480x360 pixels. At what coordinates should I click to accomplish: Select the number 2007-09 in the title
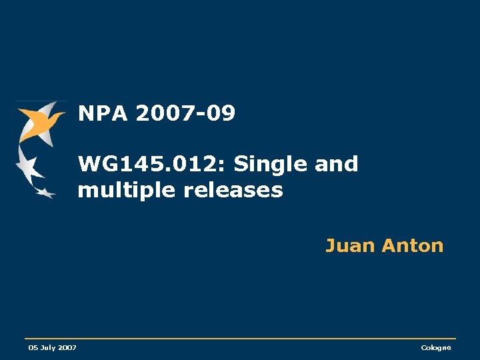185,114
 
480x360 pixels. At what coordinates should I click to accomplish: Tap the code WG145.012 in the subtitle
151,164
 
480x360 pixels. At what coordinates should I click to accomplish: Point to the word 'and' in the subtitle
336,164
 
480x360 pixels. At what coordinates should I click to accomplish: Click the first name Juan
350,246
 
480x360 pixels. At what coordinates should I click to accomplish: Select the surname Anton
413,246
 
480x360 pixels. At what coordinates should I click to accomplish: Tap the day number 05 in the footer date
33,348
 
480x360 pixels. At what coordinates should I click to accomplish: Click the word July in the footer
47,348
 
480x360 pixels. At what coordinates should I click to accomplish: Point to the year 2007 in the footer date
67,348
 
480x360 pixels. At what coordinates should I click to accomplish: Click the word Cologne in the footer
436,348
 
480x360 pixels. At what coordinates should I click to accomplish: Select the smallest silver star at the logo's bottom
45,193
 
